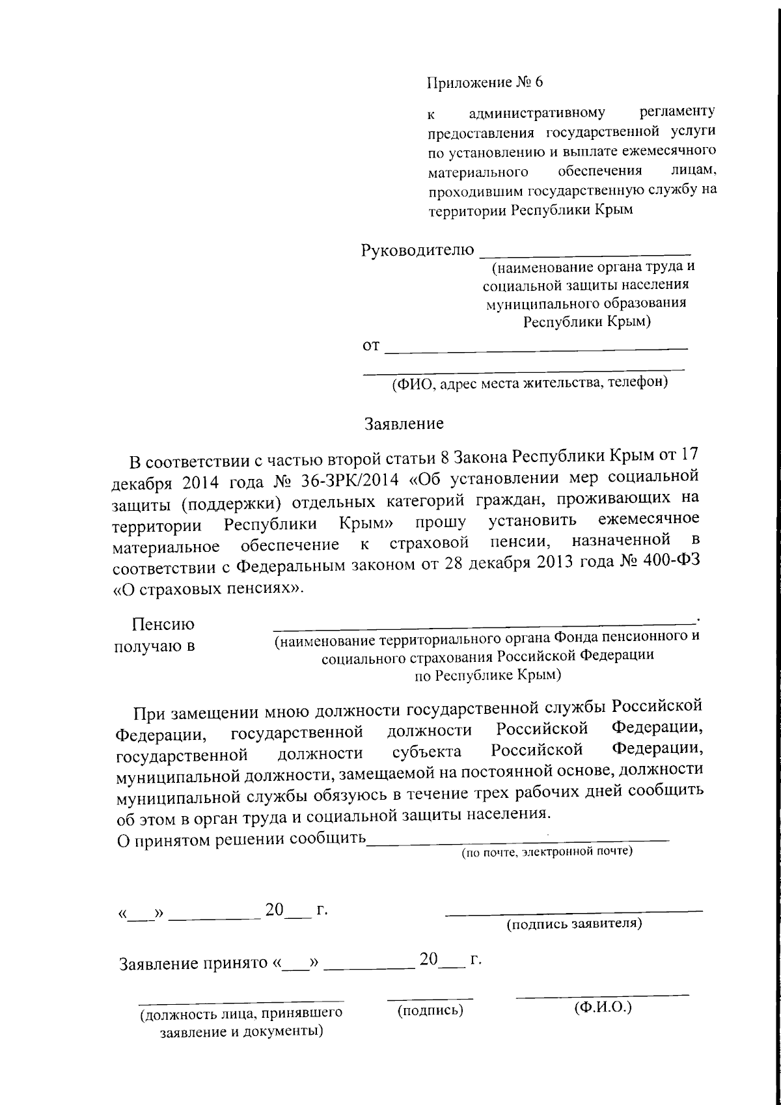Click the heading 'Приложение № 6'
click(484, 83)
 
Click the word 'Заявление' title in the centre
click(404, 424)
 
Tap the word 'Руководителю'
click(417, 250)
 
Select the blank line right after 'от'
click(536, 351)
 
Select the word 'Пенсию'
click(163, 625)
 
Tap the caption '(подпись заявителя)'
click(575, 923)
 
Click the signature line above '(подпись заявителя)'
click(574, 910)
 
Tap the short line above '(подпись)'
click(430, 998)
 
